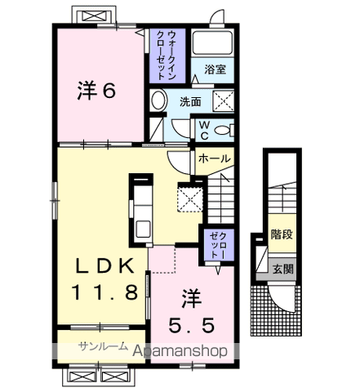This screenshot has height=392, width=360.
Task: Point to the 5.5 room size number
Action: tap(193, 326)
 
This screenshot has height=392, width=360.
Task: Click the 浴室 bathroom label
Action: tap(216, 69)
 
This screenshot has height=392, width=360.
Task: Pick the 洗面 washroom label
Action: tap(191, 102)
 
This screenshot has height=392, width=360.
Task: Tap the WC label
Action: tap(204, 128)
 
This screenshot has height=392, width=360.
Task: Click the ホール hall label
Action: tap(214, 158)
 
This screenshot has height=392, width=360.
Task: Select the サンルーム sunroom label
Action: tap(103, 347)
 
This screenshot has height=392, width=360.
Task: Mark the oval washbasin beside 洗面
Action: tap(159, 101)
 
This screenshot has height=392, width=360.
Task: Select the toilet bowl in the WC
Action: tap(227, 129)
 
